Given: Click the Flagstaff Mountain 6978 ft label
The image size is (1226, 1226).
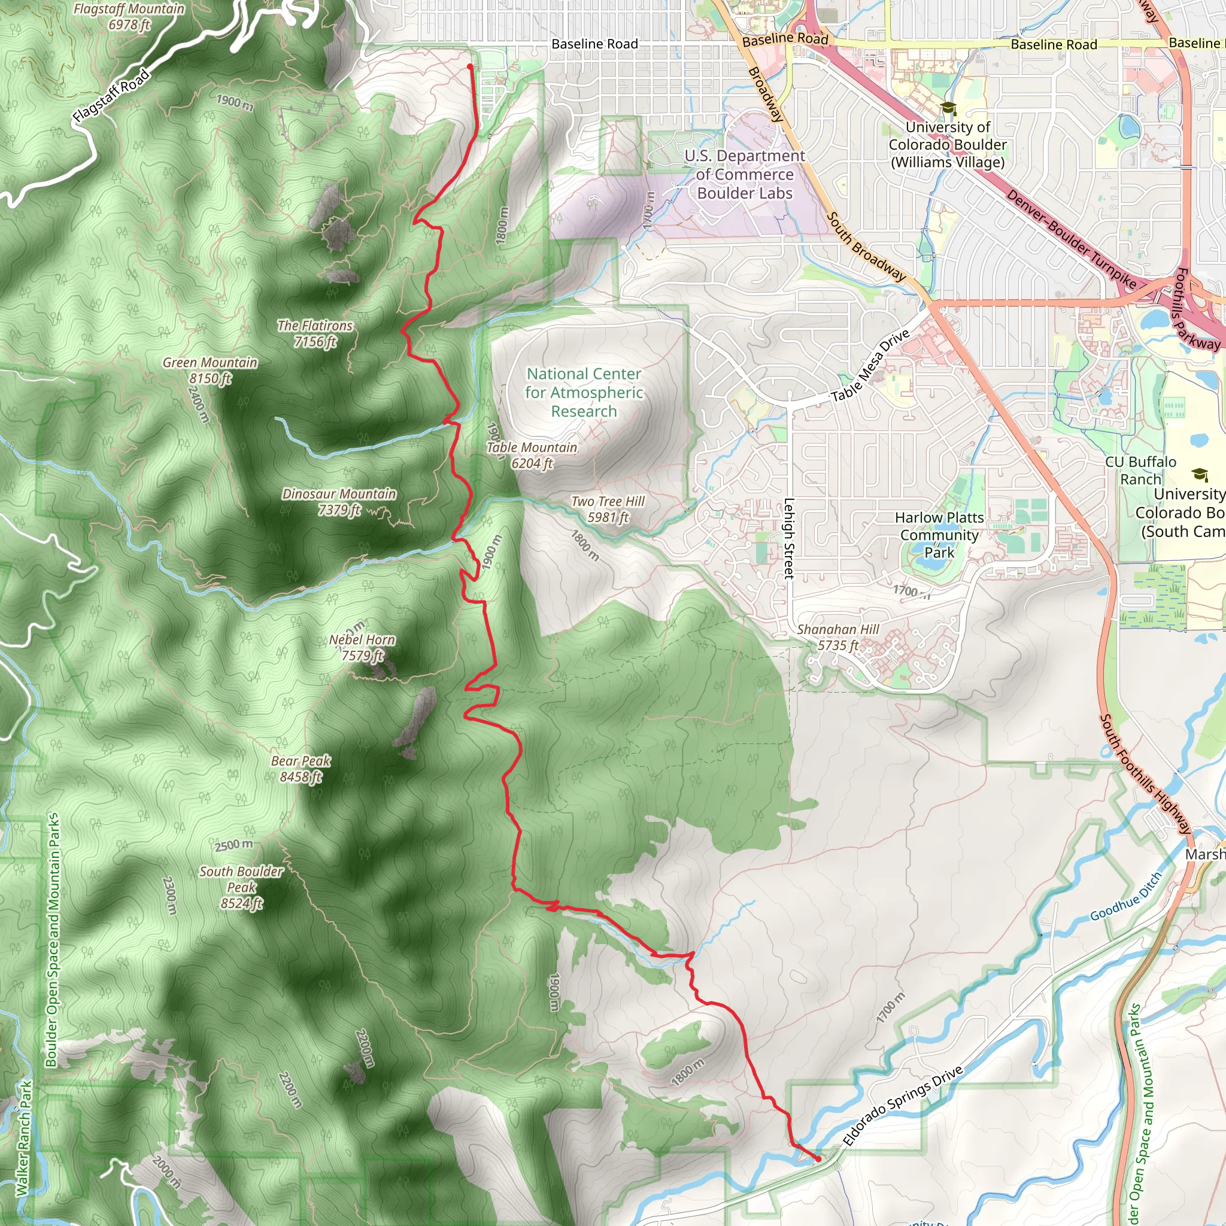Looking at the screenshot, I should click(129, 17).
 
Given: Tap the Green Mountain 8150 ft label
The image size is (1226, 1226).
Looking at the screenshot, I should click(210, 371).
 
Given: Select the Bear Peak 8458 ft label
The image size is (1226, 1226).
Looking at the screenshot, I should click(301, 769).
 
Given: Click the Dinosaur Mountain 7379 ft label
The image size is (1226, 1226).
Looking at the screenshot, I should click(339, 501).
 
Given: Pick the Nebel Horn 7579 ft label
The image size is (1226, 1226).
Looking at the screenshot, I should click(362, 647).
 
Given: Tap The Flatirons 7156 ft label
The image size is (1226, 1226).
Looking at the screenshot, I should click(315, 333).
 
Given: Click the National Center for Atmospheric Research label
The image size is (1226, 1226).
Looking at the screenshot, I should click(584, 392).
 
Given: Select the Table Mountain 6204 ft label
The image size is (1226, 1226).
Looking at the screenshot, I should click(532, 455).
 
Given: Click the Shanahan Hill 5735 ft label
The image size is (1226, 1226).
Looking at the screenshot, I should click(837, 637).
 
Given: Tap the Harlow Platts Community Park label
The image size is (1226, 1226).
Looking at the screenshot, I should click(939, 535).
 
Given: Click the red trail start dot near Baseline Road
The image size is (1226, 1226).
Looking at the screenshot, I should click(470, 66).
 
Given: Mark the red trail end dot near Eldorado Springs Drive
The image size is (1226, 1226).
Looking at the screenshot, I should click(818, 1160).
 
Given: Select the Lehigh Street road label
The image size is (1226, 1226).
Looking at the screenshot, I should click(789, 538).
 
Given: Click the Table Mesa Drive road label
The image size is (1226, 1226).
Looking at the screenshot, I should click(870, 366).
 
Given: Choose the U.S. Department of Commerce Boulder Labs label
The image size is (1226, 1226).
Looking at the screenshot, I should click(744, 175).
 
